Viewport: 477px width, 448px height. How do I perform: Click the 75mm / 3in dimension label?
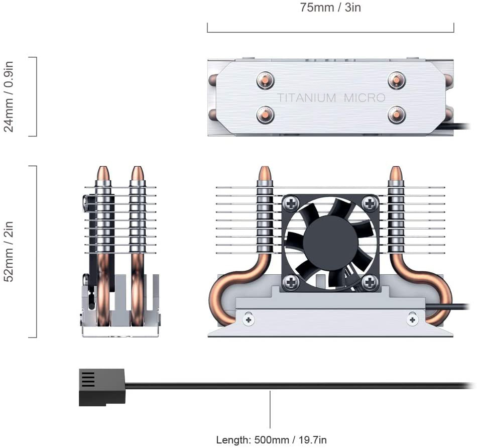click(x=330, y=8)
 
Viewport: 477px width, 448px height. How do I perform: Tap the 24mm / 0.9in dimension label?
click(x=9, y=96)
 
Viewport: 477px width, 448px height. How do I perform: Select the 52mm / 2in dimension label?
click(x=9, y=251)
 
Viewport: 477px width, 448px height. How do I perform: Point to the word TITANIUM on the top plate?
click(x=307, y=97)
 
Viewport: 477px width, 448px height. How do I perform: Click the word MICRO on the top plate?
click(x=365, y=97)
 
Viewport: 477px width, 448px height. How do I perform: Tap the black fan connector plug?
click(x=101, y=387)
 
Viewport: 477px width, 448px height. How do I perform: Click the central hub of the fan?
click(x=330, y=243)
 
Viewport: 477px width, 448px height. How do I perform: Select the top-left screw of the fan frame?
click(x=291, y=203)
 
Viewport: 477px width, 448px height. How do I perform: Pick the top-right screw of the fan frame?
click(x=370, y=203)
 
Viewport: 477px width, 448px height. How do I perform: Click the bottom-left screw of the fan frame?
click(x=291, y=282)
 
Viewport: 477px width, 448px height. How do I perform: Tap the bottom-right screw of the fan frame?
click(x=370, y=282)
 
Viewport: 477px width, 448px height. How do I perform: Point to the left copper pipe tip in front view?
click(x=265, y=174)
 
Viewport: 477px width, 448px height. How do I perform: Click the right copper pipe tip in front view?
click(x=396, y=174)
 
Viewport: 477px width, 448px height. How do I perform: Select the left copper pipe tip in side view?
click(x=103, y=174)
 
